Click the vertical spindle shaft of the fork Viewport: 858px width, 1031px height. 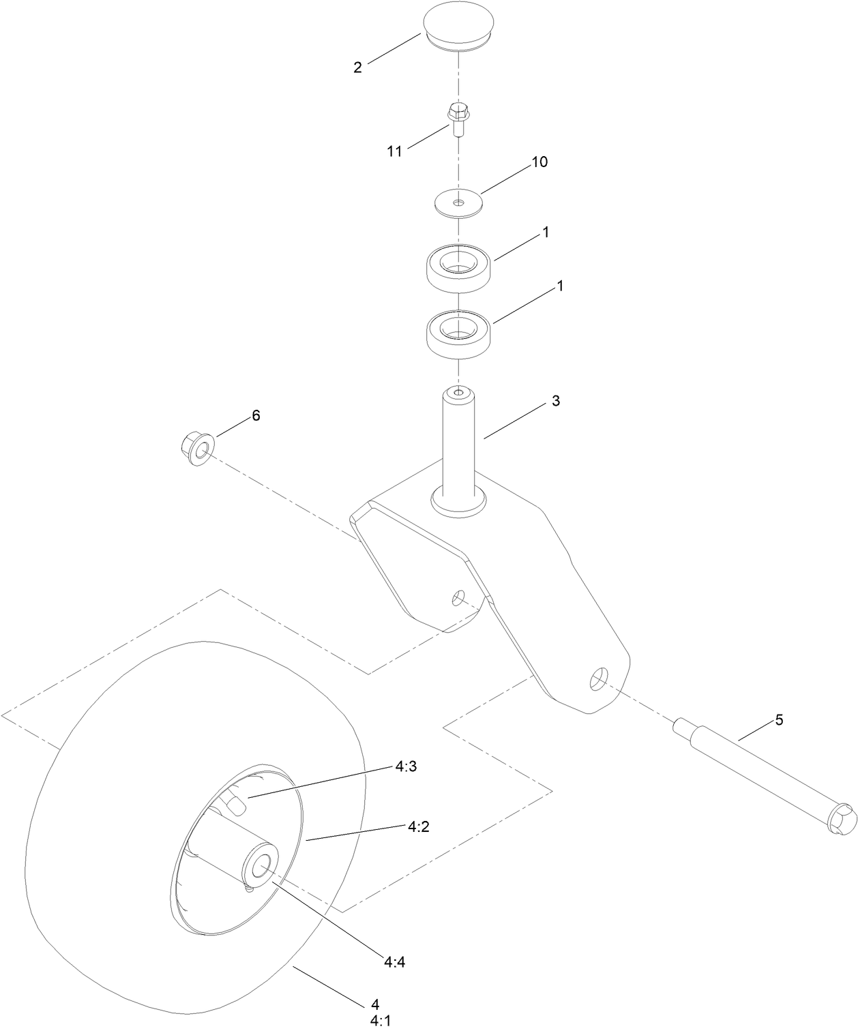pyautogui.click(x=459, y=443)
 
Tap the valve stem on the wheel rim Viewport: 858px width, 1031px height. pyautogui.click(x=236, y=805)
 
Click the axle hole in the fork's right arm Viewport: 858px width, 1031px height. pyautogui.click(x=598, y=679)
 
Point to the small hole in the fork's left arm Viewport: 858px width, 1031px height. pyautogui.click(x=458, y=598)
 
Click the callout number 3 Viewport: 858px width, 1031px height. pyautogui.click(x=556, y=402)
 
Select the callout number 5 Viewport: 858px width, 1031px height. pyautogui.click(x=779, y=719)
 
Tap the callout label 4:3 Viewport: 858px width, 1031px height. pyautogui.click(x=406, y=766)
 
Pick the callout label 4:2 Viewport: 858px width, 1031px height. pyautogui.click(x=419, y=826)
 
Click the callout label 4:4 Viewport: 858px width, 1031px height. pyautogui.click(x=396, y=962)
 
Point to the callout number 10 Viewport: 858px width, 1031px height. pyautogui.click(x=539, y=162)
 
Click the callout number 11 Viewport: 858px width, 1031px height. pyautogui.click(x=395, y=151)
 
